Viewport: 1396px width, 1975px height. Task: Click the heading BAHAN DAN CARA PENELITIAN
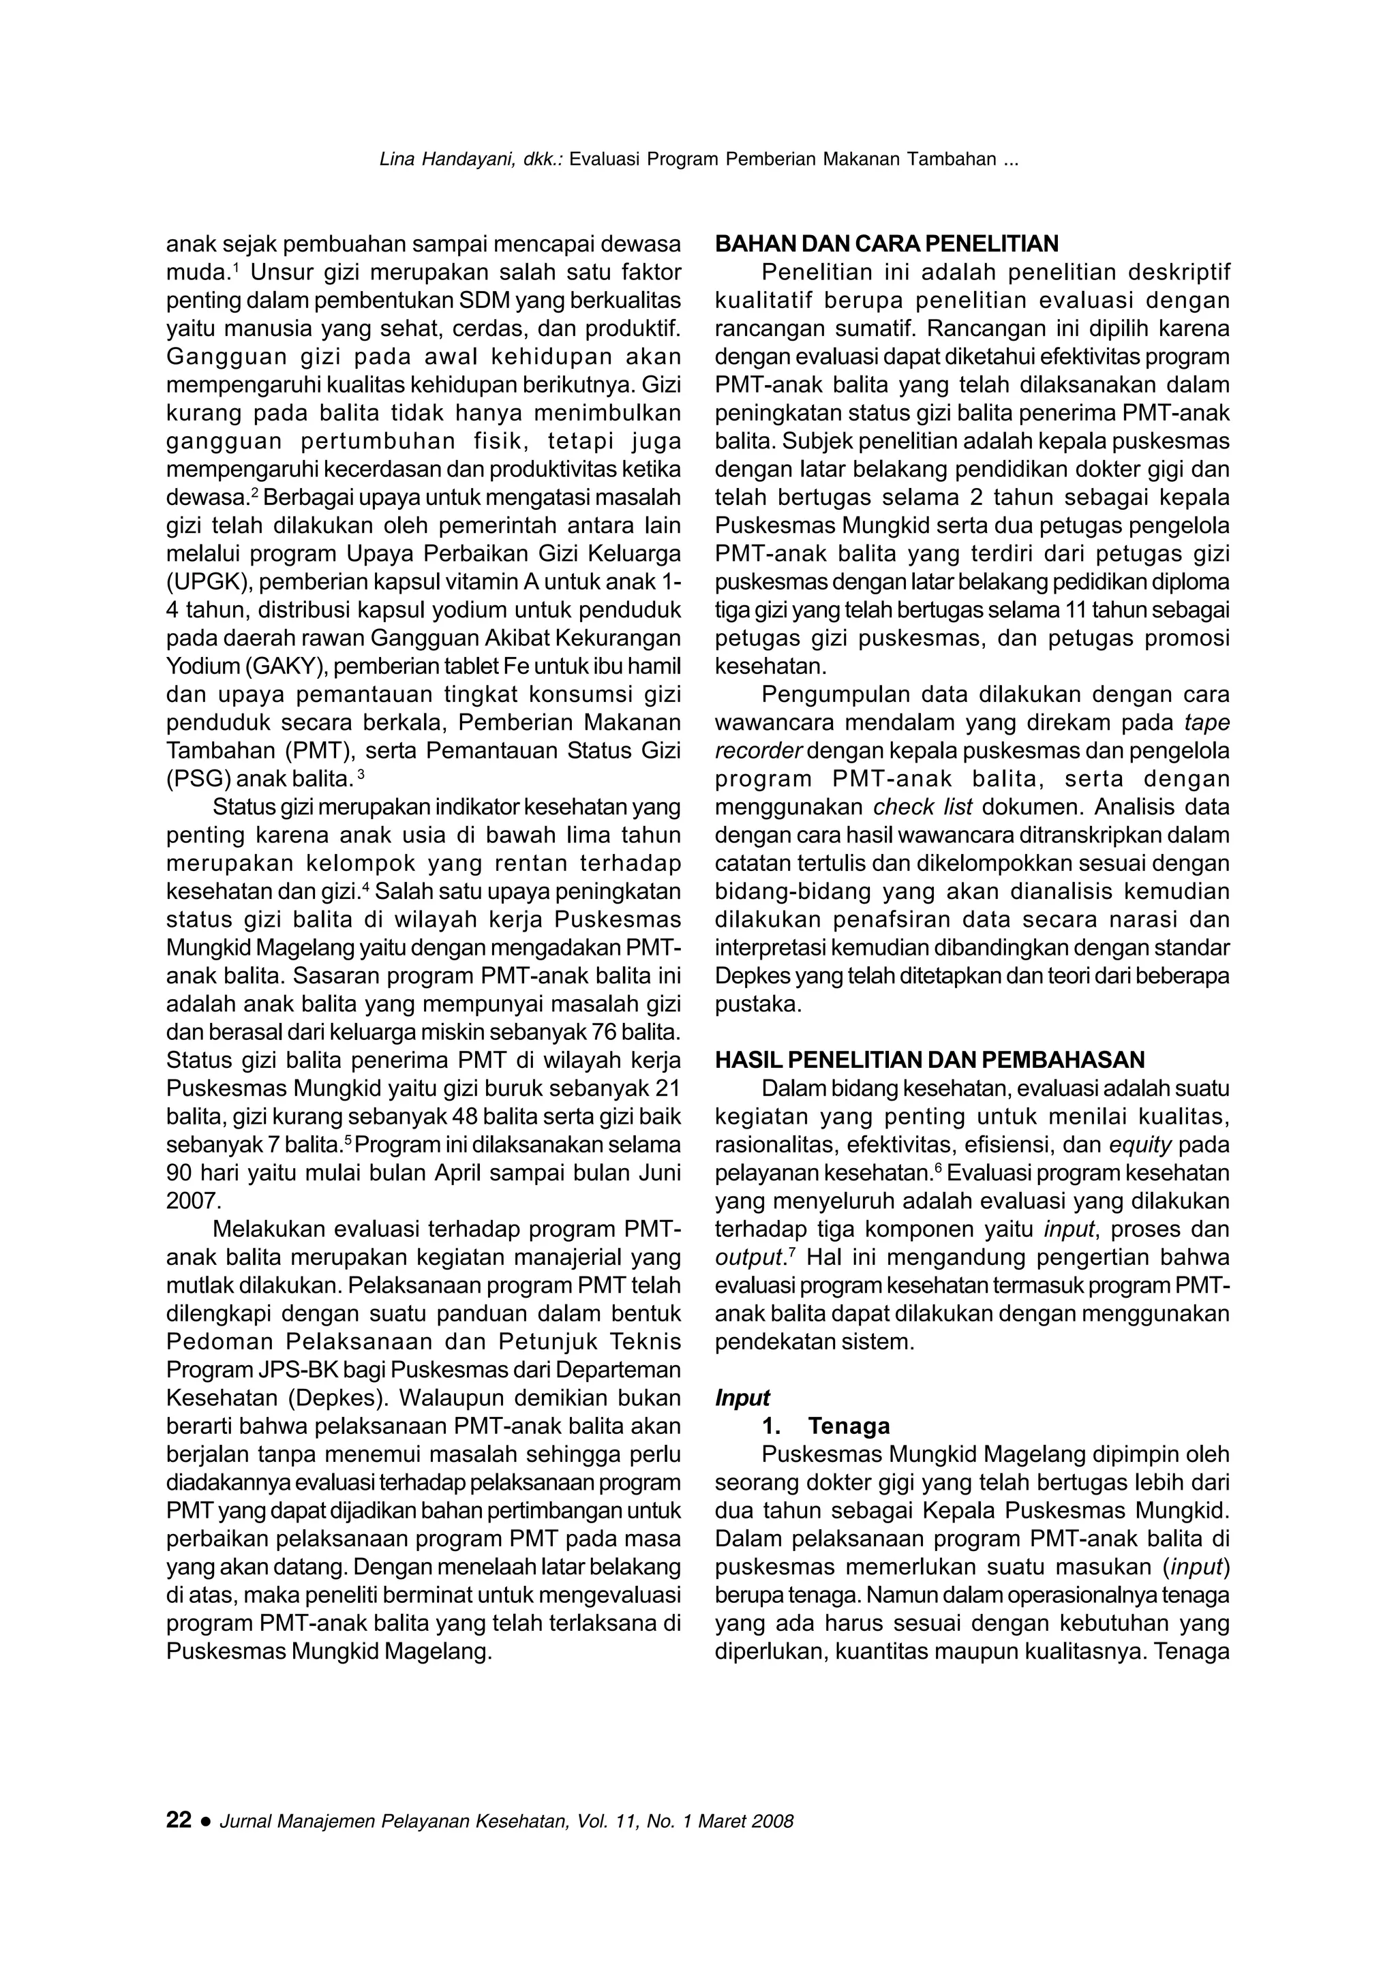[x=886, y=244]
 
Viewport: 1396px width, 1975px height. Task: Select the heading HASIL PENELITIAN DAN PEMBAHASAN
[x=930, y=1060]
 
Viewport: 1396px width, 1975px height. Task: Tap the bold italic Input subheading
[x=742, y=1398]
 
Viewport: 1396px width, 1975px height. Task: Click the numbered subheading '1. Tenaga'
[x=827, y=1426]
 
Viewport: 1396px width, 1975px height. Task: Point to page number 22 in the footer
[x=179, y=1820]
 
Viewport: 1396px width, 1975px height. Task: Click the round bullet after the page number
[x=206, y=1822]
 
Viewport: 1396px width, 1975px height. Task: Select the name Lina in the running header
[x=397, y=159]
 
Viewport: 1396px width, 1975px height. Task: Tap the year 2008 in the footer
[x=772, y=1822]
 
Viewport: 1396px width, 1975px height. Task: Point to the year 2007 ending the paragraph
[x=194, y=1201]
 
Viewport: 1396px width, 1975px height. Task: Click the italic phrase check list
[x=922, y=808]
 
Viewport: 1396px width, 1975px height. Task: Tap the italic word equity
[x=1140, y=1145]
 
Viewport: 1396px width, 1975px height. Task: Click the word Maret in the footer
[x=719, y=1822]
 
